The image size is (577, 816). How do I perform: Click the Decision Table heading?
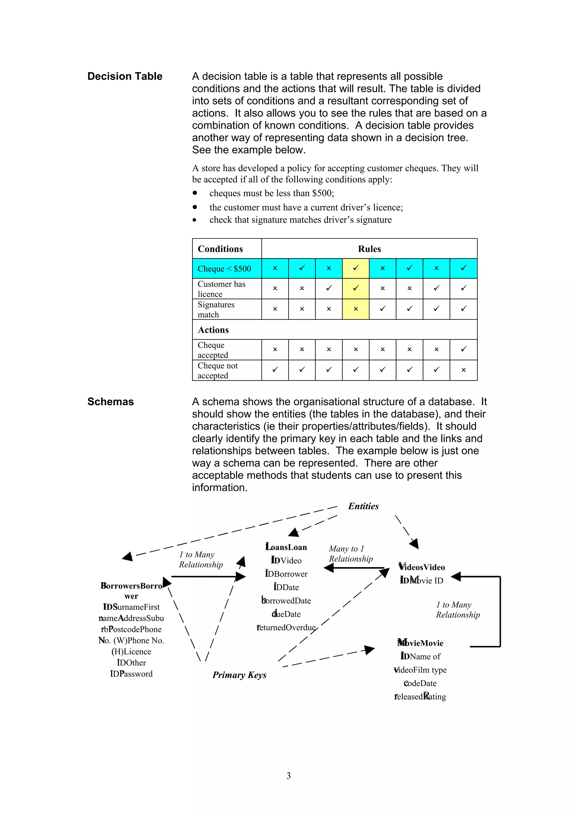(125, 76)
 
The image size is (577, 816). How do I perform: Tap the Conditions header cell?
(220, 249)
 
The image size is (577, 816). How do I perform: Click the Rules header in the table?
(369, 249)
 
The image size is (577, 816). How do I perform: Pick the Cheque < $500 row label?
(224, 269)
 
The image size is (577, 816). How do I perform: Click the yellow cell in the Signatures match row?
(356, 309)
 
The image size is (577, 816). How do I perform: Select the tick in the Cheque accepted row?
(463, 349)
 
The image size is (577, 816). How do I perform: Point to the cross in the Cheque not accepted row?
(463, 370)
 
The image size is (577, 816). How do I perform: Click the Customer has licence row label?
(221, 289)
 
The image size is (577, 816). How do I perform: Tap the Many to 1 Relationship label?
(350, 554)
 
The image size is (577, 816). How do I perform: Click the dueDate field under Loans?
(286, 614)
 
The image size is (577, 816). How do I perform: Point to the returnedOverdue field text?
(286, 628)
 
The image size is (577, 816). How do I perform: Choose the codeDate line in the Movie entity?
(420, 683)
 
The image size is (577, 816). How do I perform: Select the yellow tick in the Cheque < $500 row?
(356, 268)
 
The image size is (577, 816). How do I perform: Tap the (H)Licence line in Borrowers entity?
(131, 652)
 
